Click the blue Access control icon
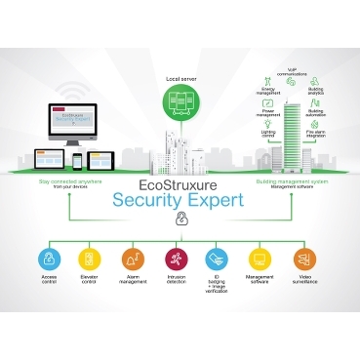click(x=49, y=259)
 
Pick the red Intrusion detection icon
click(x=177, y=259)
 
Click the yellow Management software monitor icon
click(x=261, y=259)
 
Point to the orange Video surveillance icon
click(x=304, y=259)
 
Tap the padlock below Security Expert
click(x=180, y=220)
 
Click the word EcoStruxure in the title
click(x=180, y=182)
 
